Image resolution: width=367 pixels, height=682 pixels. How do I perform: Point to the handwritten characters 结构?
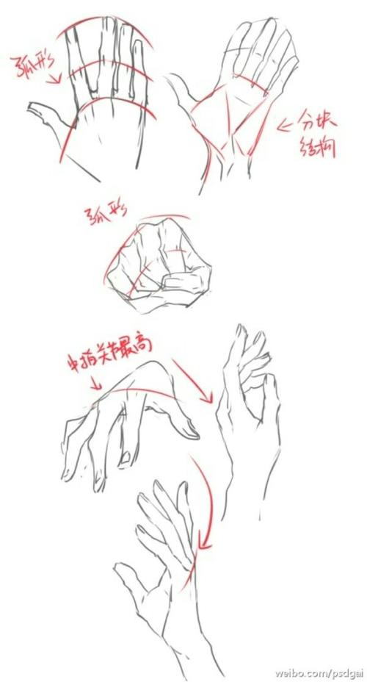(x=317, y=147)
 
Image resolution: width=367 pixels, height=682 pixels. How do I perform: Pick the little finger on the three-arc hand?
(x=138, y=62)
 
